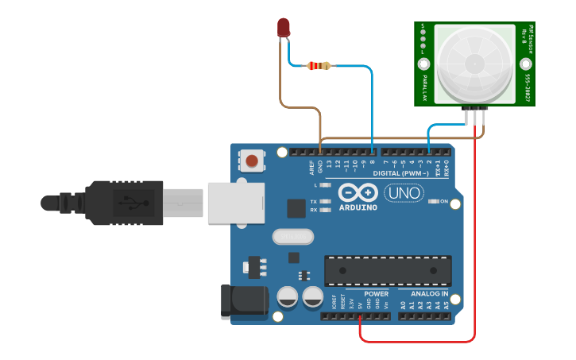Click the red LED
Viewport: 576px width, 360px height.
284,28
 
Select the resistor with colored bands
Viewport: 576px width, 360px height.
319,66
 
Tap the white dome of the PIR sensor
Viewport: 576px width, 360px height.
474,63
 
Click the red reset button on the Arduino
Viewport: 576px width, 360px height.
252,161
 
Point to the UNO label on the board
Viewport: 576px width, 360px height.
404,193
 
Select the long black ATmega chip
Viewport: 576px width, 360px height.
388,271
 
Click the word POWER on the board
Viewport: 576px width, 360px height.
354,293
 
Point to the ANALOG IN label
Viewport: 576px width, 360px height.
429,293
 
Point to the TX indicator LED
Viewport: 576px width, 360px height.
325,201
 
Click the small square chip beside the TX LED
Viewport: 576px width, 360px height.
296,208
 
